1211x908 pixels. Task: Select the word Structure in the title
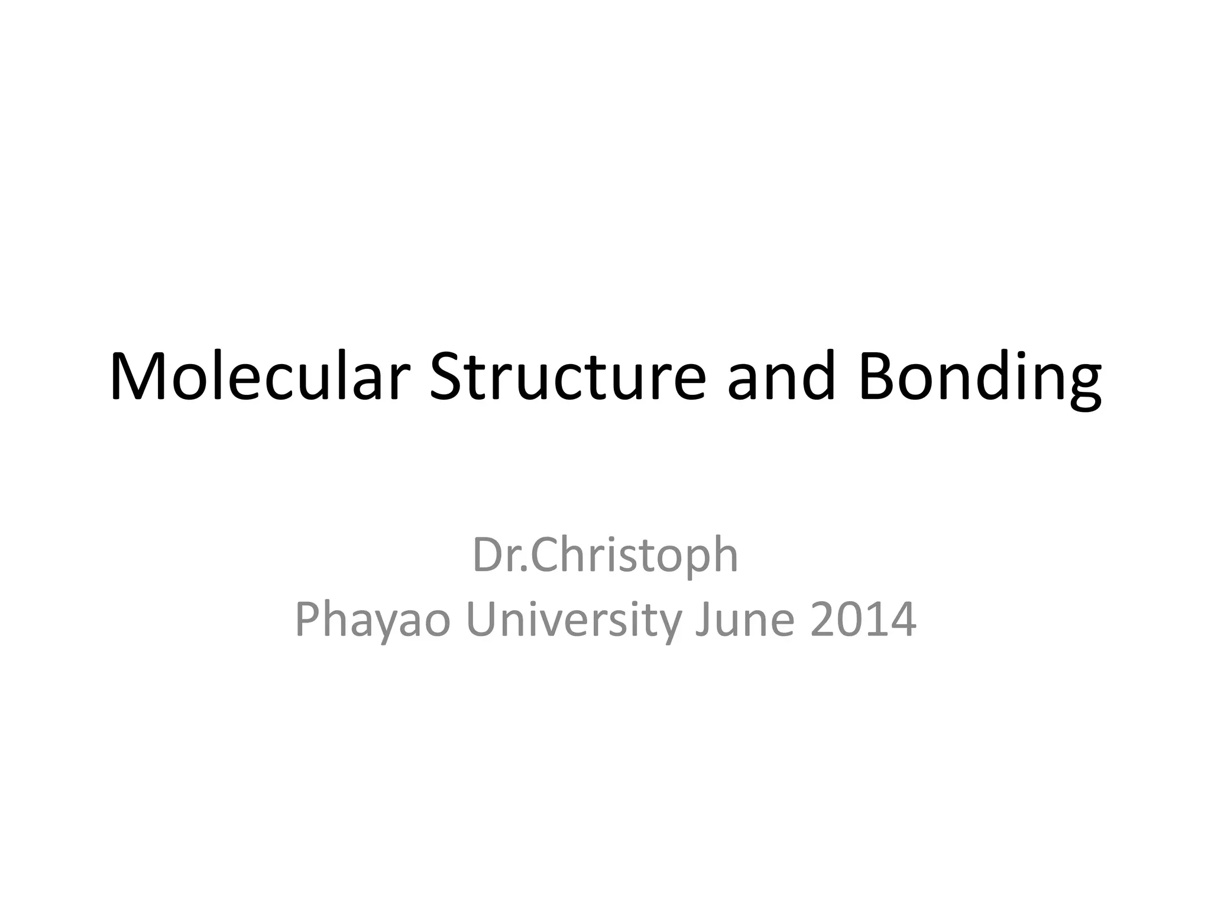568,377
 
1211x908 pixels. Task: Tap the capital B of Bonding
876,377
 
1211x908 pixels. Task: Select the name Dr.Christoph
605,556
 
